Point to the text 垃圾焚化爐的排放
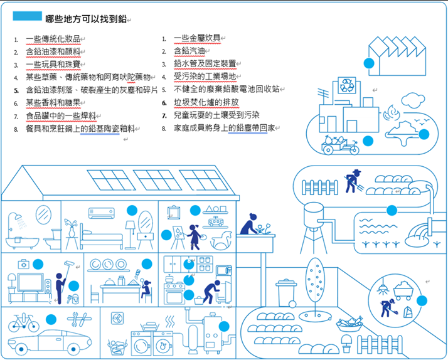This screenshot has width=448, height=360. pyautogui.click(x=206, y=102)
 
